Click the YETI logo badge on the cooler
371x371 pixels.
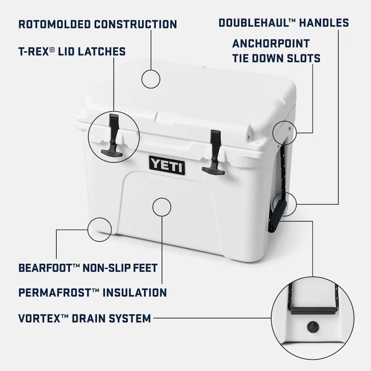[167, 165]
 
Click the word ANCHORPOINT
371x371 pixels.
[271, 44]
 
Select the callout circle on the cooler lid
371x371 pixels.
[151, 79]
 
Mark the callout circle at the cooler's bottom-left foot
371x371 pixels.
[100, 229]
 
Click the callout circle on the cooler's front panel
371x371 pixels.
[162, 207]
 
